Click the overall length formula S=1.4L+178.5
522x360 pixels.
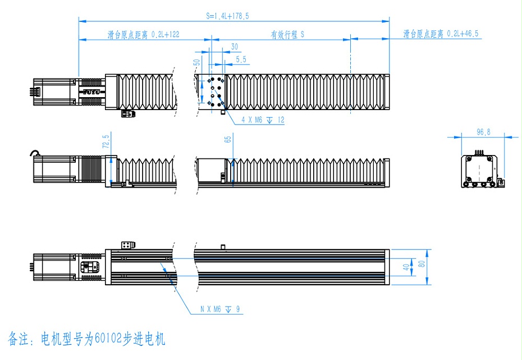click(x=227, y=16)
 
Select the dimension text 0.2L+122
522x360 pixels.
click(x=166, y=35)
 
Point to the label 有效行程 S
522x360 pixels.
click(x=287, y=35)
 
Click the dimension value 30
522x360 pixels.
click(x=234, y=47)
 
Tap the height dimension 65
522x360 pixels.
click(x=228, y=139)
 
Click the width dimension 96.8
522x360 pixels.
click(x=483, y=132)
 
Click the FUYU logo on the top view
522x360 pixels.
click(x=91, y=90)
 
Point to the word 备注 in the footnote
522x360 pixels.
click(x=20, y=339)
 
